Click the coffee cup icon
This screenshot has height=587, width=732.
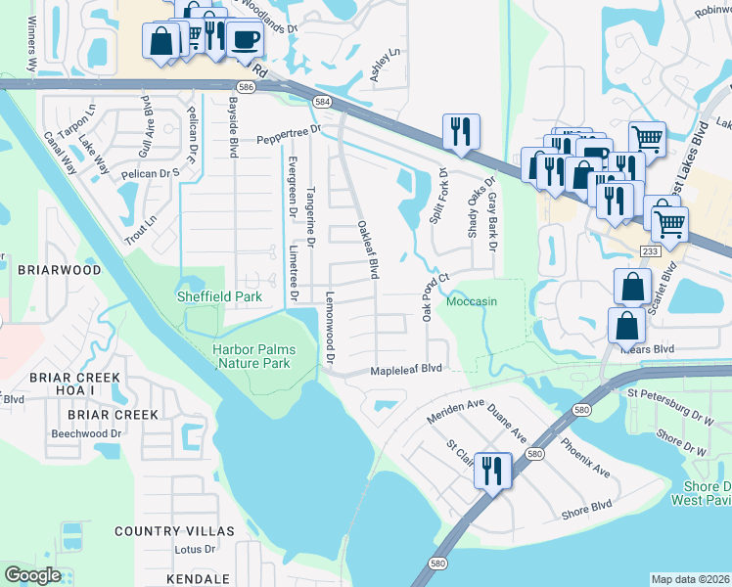click(245, 40)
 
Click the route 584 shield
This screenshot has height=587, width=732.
click(322, 102)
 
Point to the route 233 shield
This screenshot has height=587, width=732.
click(650, 251)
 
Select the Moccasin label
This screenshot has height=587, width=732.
click(472, 301)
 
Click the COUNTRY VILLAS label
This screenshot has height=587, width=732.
click(174, 530)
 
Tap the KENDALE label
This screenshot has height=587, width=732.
click(199, 579)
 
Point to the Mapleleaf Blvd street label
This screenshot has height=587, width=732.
click(406, 370)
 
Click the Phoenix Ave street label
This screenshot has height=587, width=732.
click(585, 458)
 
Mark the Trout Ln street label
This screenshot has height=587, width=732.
click(140, 225)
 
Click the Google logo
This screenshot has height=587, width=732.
click(32, 575)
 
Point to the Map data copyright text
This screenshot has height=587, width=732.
click(690, 579)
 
